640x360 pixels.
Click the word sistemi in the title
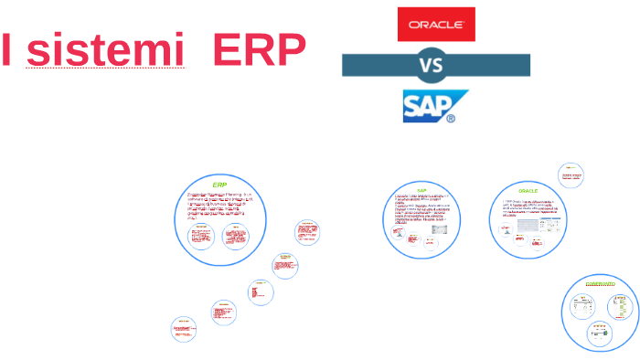click(113, 51)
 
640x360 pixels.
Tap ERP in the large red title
click(259, 51)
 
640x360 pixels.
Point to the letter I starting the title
click(7, 51)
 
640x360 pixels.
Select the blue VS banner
click(436, 65)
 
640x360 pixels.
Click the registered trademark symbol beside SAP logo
click(450, 118)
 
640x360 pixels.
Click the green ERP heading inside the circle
click(219, 185)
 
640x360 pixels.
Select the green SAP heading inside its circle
click(422, 190)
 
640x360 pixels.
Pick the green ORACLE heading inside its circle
click(528, 191)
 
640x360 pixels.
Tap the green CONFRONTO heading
click(601, 284)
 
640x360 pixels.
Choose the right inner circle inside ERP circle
click(236, 237)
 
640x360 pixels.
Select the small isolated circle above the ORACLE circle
click(571, 175)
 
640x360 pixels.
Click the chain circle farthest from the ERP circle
click(184, 329)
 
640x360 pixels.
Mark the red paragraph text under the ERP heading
click(219, 206)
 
